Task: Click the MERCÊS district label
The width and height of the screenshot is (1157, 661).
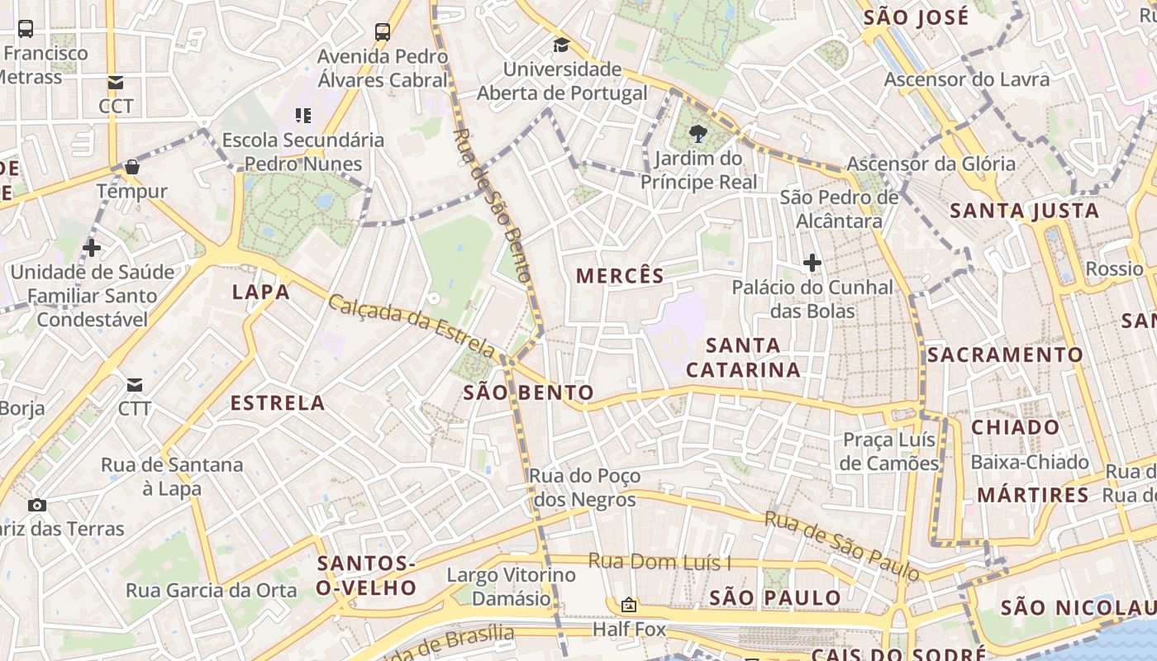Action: (x=620, y=276)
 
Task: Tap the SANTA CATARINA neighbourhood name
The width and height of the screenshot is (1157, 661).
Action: (x=743, y=358)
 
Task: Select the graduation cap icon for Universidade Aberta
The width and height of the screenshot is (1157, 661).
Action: (x=562, y=45)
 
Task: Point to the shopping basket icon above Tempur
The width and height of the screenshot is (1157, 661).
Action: (x=131, y=168)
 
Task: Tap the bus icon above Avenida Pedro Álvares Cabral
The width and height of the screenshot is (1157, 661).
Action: (x=382, y=32)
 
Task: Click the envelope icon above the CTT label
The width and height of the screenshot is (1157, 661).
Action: (x=116, y=83)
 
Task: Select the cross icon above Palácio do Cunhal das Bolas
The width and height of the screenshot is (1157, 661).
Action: (x=812, y=264)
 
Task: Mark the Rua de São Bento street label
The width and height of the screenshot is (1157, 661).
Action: (x=493, y=205)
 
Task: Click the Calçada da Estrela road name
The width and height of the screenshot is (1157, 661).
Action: (x=412, y=327)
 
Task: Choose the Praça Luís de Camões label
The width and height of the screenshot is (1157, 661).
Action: (x=889, y=451)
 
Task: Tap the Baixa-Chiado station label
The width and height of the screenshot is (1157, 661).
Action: (x=1030, y=462)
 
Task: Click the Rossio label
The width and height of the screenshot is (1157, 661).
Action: (x=1114, y=269)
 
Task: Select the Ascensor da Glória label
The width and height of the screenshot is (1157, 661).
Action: (x=931, y=164)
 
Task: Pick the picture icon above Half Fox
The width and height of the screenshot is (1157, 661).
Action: (x=628, y=606)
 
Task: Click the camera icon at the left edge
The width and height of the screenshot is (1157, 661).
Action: (x=36, y=505)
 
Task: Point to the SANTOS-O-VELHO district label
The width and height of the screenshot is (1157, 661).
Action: (x=367, y=576)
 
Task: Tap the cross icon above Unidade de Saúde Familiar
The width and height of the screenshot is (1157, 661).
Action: (x=92, y=248)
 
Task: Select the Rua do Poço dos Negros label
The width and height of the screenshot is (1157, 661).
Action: (x=585, y=487)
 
